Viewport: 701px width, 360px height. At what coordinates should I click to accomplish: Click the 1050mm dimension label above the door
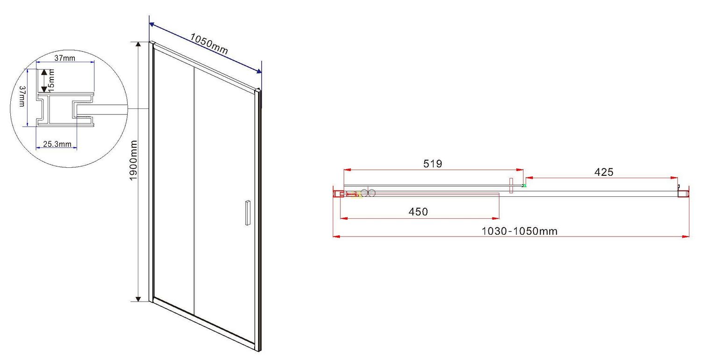coord(209,44)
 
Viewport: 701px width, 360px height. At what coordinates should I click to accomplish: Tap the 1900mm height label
coord(134,160)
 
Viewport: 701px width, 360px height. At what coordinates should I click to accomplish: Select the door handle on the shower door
coord(248,213)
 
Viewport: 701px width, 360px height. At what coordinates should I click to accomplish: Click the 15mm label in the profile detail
coord(51,80)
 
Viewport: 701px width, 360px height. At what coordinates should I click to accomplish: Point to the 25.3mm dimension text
coord(57,144)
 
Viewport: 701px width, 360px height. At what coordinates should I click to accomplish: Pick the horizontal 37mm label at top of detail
coord(65,58)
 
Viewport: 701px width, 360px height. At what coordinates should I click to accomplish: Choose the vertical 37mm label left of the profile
coord(22,96)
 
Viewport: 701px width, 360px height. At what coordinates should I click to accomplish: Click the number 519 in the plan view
coord(432,164)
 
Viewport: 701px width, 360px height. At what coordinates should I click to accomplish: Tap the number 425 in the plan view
coord(604,172)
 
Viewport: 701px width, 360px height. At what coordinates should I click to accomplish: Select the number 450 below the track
coord(418,212)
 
